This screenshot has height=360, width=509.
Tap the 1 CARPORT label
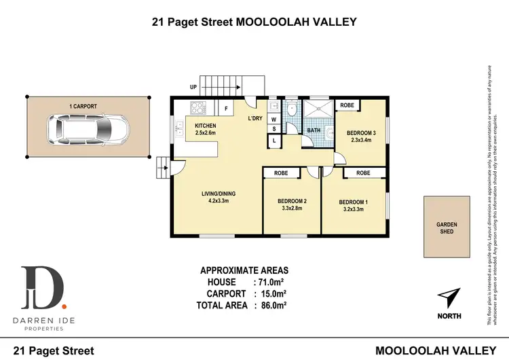(x=82, y=107)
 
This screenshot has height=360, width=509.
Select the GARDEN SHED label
(x=447, y=228)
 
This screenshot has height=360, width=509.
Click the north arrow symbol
(x=449, y=298)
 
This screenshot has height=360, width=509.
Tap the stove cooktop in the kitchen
(x=199, y=107)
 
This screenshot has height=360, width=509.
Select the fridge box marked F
(x=225, y=107)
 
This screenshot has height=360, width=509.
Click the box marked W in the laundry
(x=274, y=119)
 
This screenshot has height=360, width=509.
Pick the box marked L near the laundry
(x=274, y=140)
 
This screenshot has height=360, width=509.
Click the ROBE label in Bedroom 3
(x=347, y=105)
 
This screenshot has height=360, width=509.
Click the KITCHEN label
(x=205, y=126)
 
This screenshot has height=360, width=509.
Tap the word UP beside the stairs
(x=193, y=88)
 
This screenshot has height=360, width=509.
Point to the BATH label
(x=313, y=130)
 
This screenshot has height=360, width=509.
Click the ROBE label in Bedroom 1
(x=363, y=173)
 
